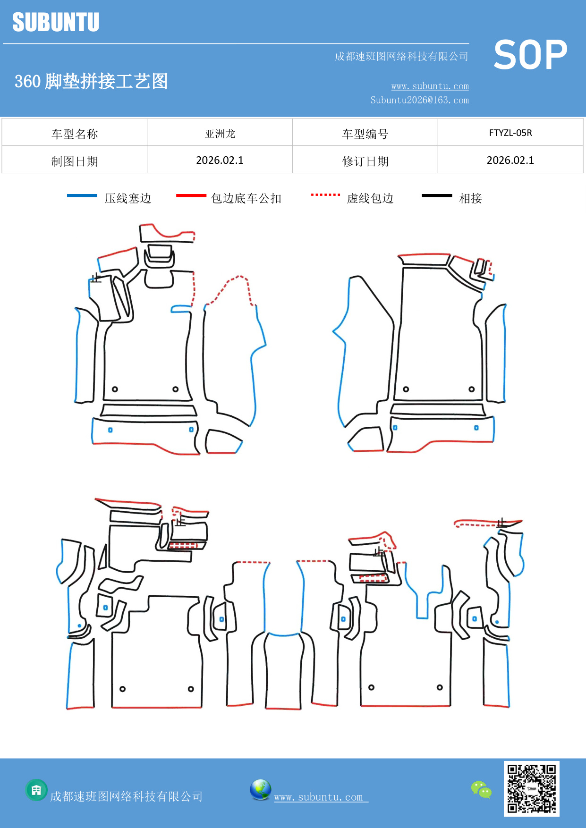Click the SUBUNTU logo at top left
coord(56,22)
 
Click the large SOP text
coord(530,55)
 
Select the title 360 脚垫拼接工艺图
coord(91,81)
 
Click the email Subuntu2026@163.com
coord(419,100)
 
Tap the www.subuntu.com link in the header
coord(430,86)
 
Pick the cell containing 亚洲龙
coord(220,134)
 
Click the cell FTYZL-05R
coord(510,133)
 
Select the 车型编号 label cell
coord(365,134)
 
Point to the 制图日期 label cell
coord(75,161)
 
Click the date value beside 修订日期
coord(510,161)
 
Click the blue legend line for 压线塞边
coord(82,195)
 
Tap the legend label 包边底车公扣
coord(246,198)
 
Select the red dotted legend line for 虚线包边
coord(325,194)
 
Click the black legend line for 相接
coord(437,195)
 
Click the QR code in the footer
coord(531,788)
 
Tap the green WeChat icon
coord(481,790)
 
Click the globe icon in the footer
coord(260,790)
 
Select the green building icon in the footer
coord(36,790)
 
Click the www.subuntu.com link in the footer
coord(319,797)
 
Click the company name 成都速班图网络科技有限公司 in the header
coord(401,57)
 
